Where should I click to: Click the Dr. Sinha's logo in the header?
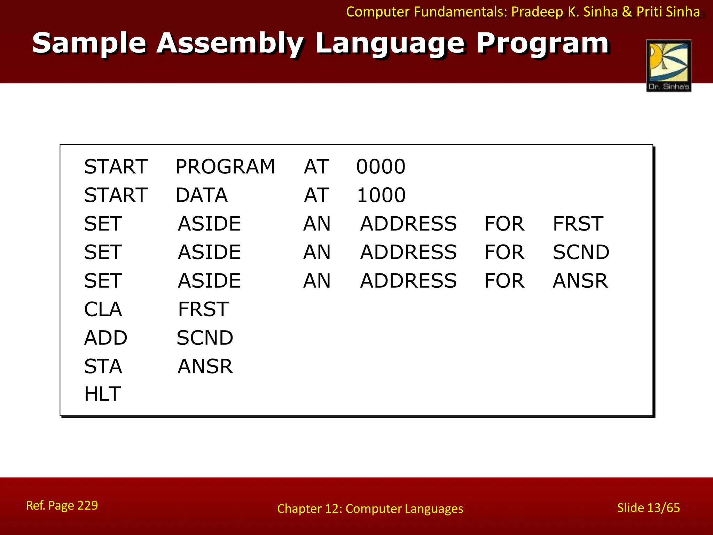click(668, 66)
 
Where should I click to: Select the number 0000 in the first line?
click(381, 166)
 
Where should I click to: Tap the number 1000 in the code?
click(381, 195)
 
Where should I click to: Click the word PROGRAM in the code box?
click(225, 166)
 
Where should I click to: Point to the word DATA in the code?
click(202, 195)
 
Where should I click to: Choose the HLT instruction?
click(102, 394)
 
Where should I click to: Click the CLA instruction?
click(103, 309)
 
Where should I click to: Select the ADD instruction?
click(106, 338)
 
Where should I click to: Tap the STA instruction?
click(103, 366)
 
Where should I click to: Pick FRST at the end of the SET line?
click(578, 224)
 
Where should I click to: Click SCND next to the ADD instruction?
click(205, 338)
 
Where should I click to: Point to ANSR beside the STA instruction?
click(205, 366)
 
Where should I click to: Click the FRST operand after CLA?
click(203, 309)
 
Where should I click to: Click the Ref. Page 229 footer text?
click(62, 505)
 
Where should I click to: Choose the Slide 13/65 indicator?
click(648, 508)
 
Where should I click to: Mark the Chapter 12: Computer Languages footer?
click(370, 509)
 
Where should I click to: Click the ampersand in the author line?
click(627, 12)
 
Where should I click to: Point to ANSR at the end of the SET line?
click(580, 281)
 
